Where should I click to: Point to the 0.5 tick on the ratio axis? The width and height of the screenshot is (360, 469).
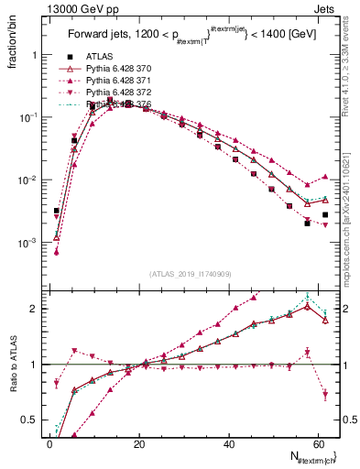coord(32,420)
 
